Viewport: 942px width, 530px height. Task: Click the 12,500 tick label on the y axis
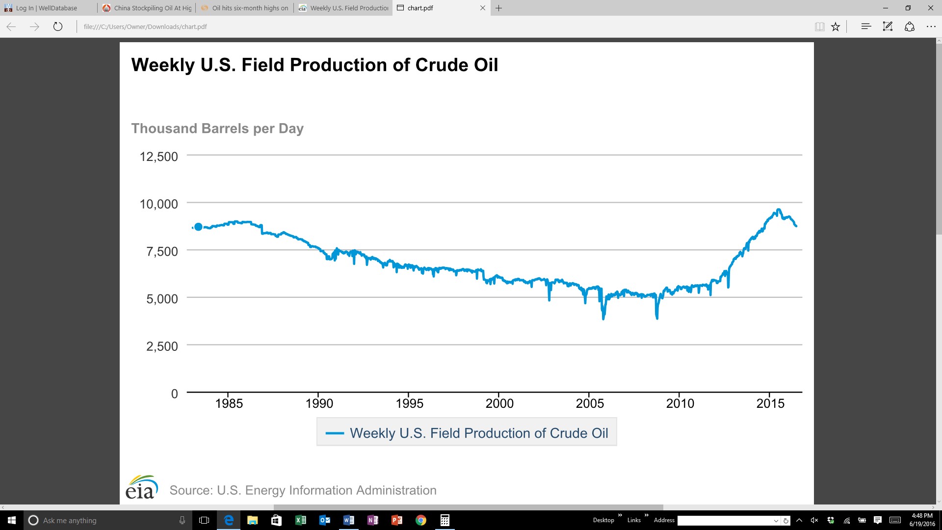tap(159, 157)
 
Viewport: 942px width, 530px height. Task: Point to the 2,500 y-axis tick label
tap(162, 346)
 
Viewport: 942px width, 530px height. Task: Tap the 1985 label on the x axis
tap(229, 403)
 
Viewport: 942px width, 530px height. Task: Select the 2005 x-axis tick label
tap(590, 403)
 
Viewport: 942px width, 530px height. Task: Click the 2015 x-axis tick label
tap(770, 403)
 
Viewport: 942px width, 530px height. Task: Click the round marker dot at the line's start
tap(198, 227)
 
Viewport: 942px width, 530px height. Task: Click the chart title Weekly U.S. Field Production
tap(314, 65)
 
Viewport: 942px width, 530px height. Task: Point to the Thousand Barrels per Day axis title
tap(217, 129)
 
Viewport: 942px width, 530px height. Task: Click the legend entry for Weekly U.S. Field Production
tap(467, 432)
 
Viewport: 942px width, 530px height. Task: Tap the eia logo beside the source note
tap(142, 487)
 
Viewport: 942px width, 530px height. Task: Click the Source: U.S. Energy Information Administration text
tap(303, 490)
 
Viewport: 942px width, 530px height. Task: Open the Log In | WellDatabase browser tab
tap(47, 8)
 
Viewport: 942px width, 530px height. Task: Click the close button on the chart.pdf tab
tap(483, 8)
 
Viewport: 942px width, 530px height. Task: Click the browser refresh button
tap(58, 26)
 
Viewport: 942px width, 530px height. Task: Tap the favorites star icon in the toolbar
tap(836, 26)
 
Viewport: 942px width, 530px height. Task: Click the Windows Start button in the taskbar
tap(12, 520)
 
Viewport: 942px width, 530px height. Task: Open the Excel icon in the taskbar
tap(300, 520)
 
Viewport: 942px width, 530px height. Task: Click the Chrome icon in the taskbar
tap(421, 520)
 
